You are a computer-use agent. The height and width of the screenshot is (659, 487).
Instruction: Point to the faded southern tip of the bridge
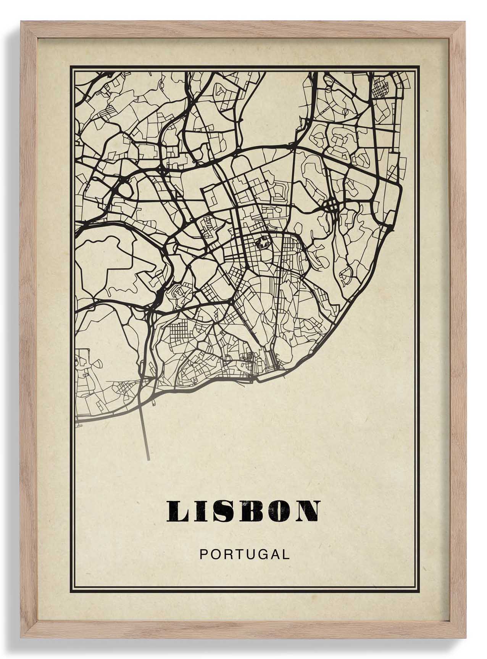pos(148,458)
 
